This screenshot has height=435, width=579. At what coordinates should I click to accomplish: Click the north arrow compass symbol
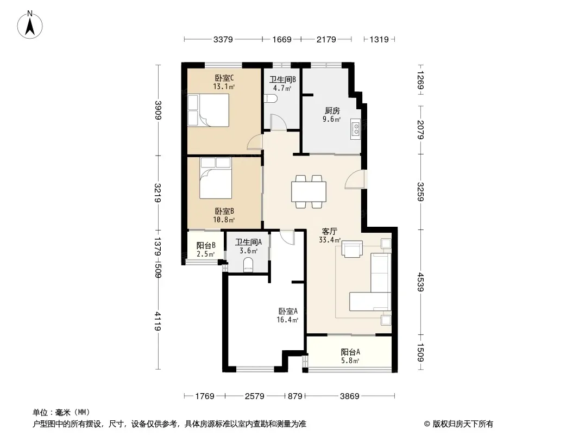click(30, 24)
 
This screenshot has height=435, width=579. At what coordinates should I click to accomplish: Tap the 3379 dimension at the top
click(223, 39)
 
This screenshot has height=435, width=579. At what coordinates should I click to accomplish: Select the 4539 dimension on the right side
click(420, 282)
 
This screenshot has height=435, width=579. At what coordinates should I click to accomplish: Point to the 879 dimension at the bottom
click(295, 396)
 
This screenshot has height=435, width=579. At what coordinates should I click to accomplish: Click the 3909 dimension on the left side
click(158, 110)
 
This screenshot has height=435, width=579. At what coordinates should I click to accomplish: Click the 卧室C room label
click(224, 78)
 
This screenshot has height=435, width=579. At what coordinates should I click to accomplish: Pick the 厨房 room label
click(332, 110)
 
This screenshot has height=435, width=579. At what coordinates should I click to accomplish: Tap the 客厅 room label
click(329, 232)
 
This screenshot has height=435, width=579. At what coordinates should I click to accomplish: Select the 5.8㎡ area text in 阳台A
click(350, 361)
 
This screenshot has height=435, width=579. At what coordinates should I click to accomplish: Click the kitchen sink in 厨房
click(355, 129)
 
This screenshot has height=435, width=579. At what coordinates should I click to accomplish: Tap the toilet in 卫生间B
click(270, 98)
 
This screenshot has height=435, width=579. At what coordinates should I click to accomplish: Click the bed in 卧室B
click(216, 178)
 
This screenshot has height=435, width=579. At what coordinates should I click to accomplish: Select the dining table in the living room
click(309, 191)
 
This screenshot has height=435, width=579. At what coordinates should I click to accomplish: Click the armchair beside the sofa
click(352, 248)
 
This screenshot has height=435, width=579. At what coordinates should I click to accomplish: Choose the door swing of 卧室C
click(255, 142)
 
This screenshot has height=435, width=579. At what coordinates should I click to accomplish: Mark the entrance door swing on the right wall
click(355, 179)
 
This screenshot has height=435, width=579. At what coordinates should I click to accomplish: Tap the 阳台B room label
click(206, 245)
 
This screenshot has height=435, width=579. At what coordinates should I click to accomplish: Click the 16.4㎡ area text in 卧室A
click(287, 320)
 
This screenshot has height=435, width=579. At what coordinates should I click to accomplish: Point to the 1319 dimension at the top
click(379, 39)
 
